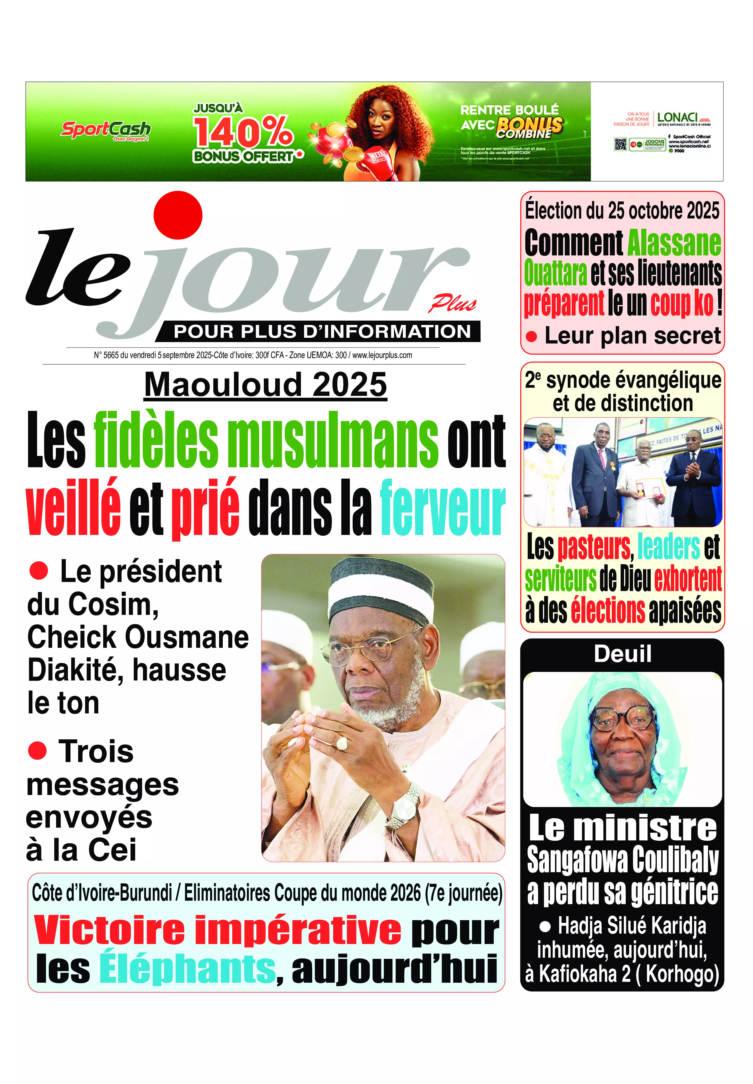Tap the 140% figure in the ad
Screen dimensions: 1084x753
click(243, 132)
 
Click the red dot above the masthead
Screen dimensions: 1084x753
click(178, 215)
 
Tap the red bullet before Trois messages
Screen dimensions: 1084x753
click(37, 750)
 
